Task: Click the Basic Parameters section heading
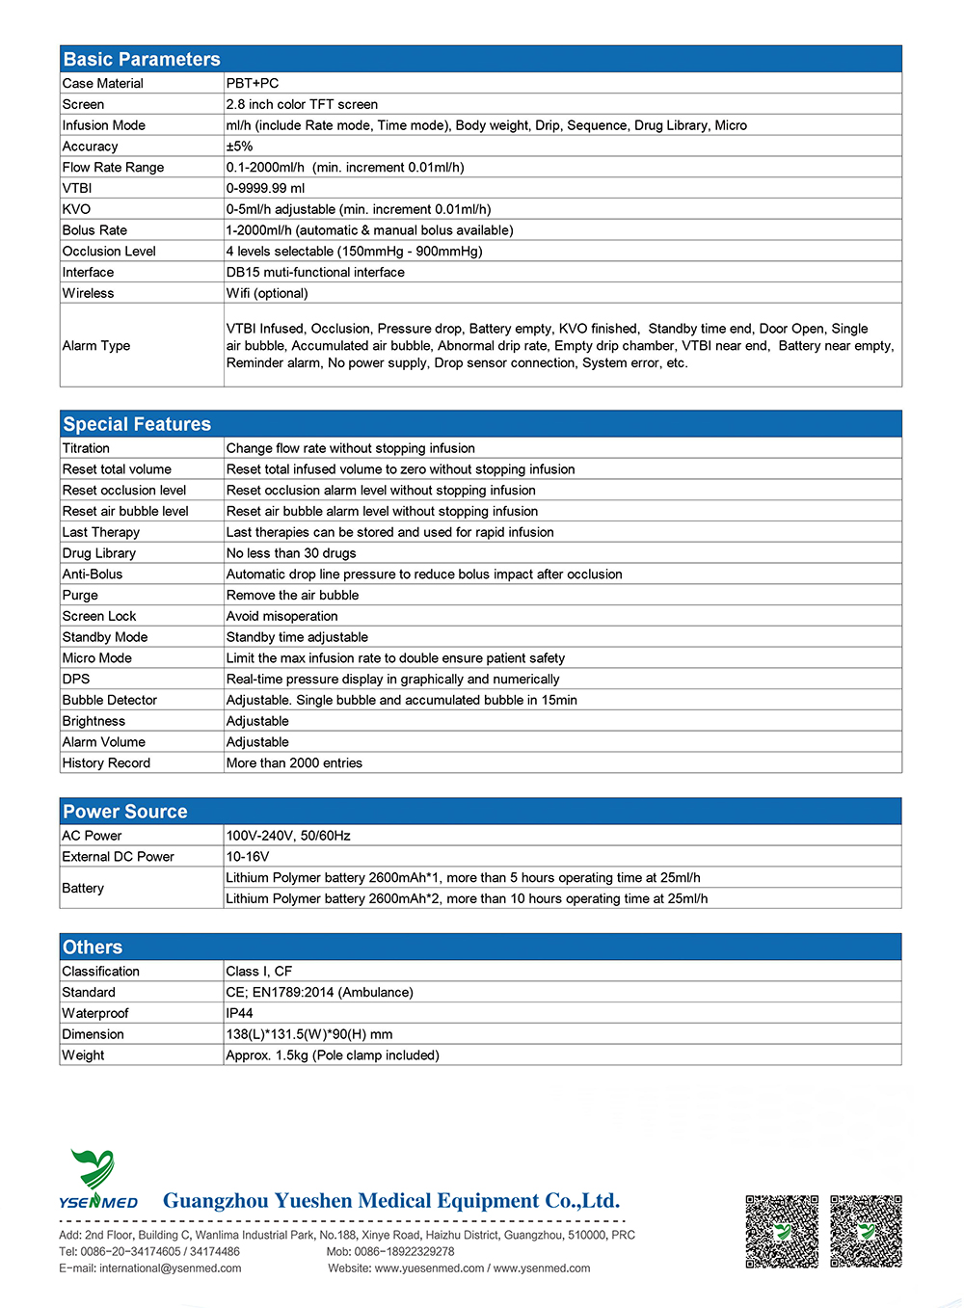[x=142, y=60]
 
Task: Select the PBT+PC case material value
[x=253, y=84]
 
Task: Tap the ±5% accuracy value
[x=239, y=147]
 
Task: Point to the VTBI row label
[x=77, y=189]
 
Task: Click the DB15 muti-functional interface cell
[x=315, y=273]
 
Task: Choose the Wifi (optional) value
[x=267, y=294]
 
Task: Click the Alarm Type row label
[x=96, y=346]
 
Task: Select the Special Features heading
[x=137, y=425]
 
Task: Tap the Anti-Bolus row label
[x=93, y=574]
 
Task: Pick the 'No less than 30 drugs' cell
[x=291, y=553]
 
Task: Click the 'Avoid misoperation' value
[x=282, y=617]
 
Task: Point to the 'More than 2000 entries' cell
[x=294, y=763]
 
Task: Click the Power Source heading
[x=125, y=812]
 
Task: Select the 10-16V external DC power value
[x=248, y=857]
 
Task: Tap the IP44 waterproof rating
[x=239, y=1014]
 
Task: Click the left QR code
[x=782, y=1231]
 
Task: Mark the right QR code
[x=866, y=1231]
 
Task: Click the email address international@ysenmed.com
[x=171, y=1268]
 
